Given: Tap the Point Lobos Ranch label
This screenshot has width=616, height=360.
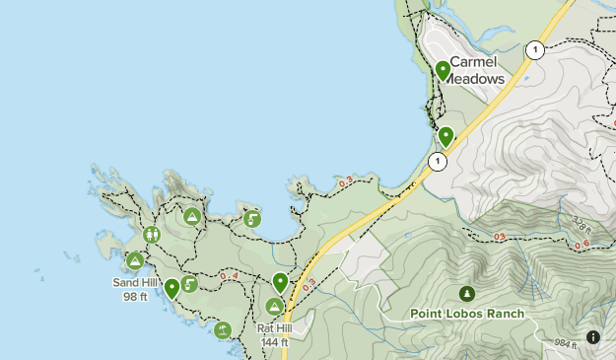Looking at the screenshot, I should click(x=466, y=314).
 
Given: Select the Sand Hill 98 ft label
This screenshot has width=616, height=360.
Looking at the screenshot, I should click(x=135, y=288).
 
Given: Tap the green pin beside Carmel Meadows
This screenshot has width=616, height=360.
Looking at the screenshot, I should click(x=444, y=70).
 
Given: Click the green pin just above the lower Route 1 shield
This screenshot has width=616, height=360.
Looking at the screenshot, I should click(x=445, y=136).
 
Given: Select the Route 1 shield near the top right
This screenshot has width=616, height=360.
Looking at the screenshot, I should click(x=533, y=49).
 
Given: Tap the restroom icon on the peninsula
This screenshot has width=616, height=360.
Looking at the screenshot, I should click(x=152, y=235).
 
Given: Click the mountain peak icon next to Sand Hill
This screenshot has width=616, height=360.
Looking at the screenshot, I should click(x=135, y=261).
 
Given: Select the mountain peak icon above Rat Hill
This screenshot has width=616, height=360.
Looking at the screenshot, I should click(x=275, y=307).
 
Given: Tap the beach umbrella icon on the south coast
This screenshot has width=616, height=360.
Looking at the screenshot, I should click(x=224, y=329).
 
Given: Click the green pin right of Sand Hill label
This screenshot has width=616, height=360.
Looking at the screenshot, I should click(x=172, y=288).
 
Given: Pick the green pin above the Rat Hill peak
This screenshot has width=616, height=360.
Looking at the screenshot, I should click(x=281, y=283).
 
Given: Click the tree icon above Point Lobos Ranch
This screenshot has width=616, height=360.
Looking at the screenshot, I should click(x=466, y=293).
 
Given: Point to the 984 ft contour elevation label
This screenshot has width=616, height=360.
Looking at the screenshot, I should click(x=564, y=343).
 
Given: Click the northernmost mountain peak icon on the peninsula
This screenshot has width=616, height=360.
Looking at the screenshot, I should click(x=192, y=216).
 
